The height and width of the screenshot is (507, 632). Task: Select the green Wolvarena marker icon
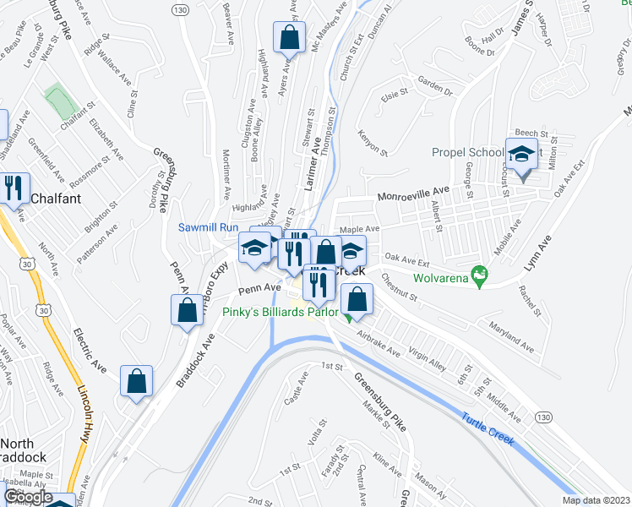480,274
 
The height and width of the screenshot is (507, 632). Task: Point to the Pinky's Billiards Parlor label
280,312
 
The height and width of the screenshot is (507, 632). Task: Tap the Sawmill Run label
208,227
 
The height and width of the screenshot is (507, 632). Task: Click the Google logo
28,497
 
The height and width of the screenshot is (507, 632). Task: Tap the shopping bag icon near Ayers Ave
289,37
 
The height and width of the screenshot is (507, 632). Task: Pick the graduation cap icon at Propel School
522,154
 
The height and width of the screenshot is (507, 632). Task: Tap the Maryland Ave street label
513,335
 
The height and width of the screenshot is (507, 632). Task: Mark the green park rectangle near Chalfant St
60,102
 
